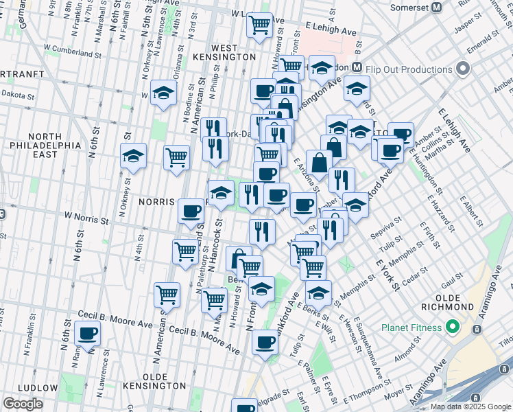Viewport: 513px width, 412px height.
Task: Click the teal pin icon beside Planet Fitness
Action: [452, 328]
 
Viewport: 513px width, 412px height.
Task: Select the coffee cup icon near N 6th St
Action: [88, 334]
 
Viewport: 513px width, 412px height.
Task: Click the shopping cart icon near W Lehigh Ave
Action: [259, 25]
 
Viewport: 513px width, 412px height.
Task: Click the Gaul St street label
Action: [453, 280]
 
